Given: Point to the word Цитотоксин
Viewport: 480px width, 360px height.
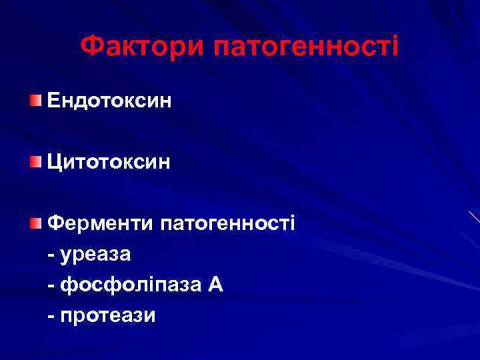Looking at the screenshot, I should click(x=109, y=161).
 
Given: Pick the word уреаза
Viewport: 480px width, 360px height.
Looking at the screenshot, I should click(x=96, y=254).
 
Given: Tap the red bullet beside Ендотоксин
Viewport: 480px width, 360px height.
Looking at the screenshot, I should click(x=35, y=101).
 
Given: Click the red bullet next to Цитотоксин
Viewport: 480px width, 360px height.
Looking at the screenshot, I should click(x=35, y=161).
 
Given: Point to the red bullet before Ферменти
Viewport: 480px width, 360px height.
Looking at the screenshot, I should click(x=35, y=222).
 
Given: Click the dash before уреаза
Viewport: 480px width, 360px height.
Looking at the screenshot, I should click(x=52, y=255).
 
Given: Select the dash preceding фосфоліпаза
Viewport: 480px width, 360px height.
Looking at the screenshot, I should click(x=52, y=285).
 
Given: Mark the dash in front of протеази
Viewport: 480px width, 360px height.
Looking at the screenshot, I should click(x=52, y=315).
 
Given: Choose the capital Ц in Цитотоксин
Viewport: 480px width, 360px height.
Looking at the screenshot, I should click(x=54, y=162).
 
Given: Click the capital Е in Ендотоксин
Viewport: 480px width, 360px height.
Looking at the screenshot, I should click(x=53, y=101).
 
